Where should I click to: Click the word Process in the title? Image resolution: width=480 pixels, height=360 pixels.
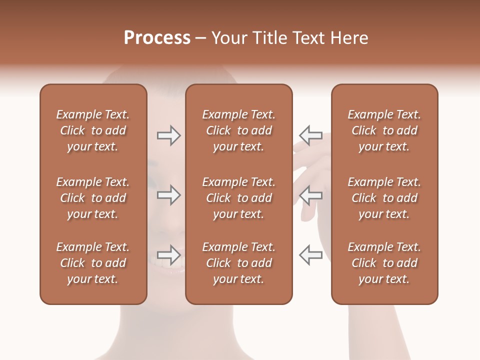pyautogui.click(x=157, y=38)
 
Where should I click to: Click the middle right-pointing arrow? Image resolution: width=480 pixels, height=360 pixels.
pyautogui.click(x=169, y=195)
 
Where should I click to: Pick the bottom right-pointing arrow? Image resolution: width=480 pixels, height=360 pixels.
pyautogui.click(x=169, y=255)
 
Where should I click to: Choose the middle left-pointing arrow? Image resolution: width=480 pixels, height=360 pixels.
pyautogui.click(x=310, y=195)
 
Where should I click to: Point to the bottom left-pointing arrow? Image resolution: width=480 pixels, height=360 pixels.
pyautogui.click(x=310, y=255)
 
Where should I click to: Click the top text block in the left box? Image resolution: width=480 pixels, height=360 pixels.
pyautogui.click(x=93, y=130)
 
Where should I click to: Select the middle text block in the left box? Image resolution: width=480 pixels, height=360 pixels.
pyautogui.click(x=93, y=198)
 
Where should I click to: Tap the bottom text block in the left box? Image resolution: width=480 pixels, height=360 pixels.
pyautogui.click(x=93, y=263)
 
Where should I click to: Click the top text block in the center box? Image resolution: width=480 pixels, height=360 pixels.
pyautogui.click(x=239, y=130)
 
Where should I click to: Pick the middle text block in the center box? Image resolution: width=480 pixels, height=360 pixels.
pyautogui.click(x=239, y=198)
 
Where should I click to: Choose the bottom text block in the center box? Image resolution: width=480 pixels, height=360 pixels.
pyautogui.click(x=239, y=263)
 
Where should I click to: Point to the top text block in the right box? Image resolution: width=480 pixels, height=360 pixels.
pyautogui.click(x=384, y=130)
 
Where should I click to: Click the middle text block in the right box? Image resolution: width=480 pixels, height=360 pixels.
pyautogui.click(x=384, y=198)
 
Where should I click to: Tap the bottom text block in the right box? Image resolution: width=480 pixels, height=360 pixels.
pyautogui.click(x=384, y=263)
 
